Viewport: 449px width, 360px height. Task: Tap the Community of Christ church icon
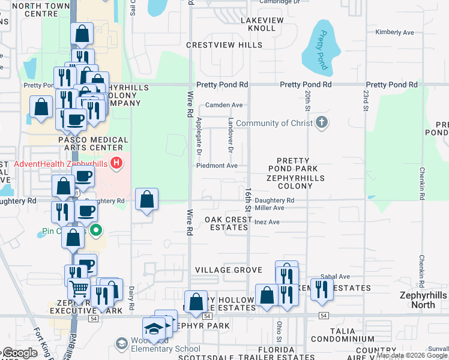pos(322,123)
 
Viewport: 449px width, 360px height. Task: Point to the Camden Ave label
pos(224,105)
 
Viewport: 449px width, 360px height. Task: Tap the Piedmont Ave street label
pos(217,166)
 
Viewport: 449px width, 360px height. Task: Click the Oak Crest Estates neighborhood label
pos(228,223)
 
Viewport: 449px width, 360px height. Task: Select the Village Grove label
pos(229,270)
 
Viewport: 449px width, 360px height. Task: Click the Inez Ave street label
pos(267,222)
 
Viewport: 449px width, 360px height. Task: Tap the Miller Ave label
pos(269,208)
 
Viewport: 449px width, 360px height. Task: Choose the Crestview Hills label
pos(224,45)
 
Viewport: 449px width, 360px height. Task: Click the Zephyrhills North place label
pos(423,301)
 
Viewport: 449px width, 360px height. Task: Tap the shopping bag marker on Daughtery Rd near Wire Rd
pos(146,199)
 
